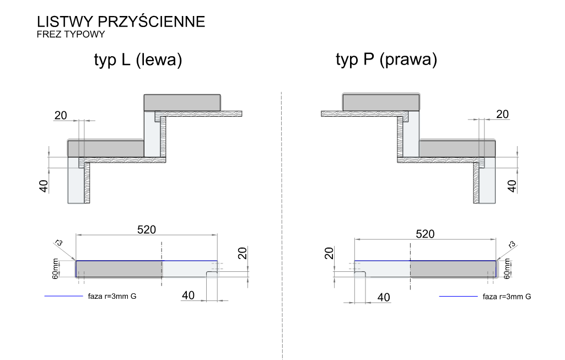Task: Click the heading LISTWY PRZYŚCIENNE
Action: pos(121,22)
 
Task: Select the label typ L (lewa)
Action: pos(137,60)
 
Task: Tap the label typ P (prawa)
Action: pos(386,60)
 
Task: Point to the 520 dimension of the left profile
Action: pos(147,229)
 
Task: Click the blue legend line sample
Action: pos(63,296)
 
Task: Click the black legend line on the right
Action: pos(458,296)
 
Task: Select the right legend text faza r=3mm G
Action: pos(507,297)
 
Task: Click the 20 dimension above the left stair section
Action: pos(61,115)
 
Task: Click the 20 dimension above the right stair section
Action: pos(502,114)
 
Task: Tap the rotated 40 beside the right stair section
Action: pos(512,185)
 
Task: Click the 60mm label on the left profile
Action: pos(56,268)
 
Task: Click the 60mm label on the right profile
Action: pos(507,268)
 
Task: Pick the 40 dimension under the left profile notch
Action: pos(188,295)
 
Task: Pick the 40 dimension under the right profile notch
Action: pos(383,297)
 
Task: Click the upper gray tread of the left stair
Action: pos(182,103)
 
